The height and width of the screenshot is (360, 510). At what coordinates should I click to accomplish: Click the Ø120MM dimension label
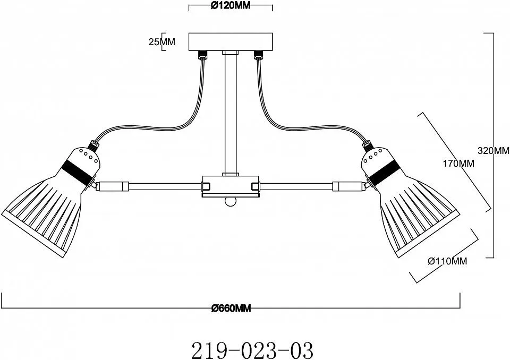pos(231,5)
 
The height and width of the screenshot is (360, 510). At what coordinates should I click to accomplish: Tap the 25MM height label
pos(161,41)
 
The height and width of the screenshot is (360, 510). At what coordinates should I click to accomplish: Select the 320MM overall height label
pos(493,151)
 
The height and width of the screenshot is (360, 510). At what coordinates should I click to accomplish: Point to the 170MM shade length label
pos(458,163)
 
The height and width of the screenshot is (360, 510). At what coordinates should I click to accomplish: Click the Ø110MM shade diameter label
pos(447,261)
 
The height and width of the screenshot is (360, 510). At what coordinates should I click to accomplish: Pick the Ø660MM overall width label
pos(231,308)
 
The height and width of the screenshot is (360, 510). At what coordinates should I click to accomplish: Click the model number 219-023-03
pos(252,349)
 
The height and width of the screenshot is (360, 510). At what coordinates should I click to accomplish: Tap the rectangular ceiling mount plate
pos(231,41)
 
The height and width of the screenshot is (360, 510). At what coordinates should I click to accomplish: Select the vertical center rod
pos(230,114)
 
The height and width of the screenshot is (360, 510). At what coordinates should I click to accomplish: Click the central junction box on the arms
pos(231,186)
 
